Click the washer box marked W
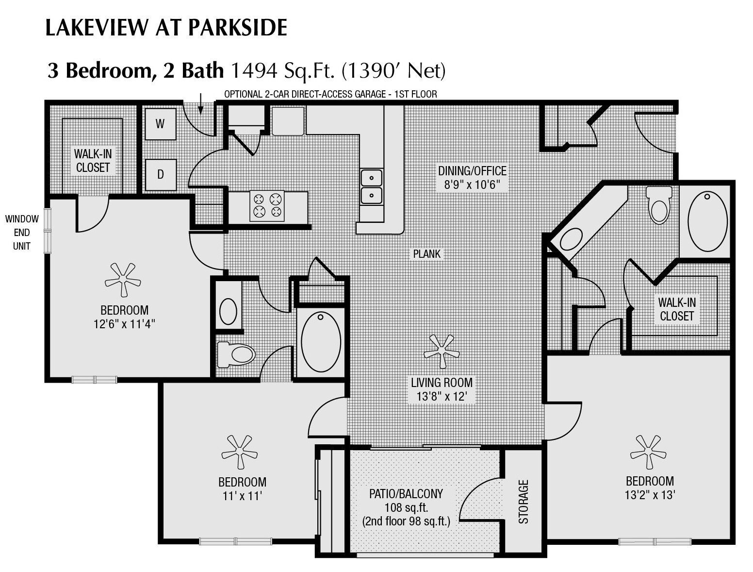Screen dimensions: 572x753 click(x=160, y=124)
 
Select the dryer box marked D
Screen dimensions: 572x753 click(x=160, y=174)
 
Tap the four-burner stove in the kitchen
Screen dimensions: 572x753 click(x=267, y=205)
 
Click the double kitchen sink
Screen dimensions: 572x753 click(x=371, y=186)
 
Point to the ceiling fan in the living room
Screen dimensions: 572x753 click(x=442, y=351)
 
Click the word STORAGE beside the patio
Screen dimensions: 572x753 click(x=523, y=502)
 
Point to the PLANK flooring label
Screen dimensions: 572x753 click(x=427, y=253)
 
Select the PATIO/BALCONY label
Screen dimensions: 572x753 click(x=406, y=494)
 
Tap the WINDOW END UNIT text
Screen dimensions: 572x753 click(x=22, y=232)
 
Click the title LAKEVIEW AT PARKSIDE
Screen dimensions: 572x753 click(x=166, y=28)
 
